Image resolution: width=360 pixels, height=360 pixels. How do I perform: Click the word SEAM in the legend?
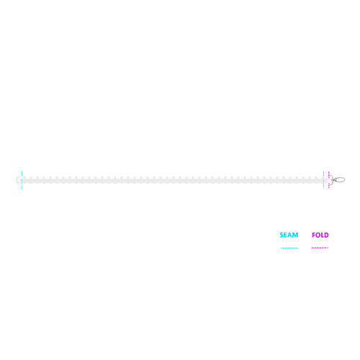[289, 235]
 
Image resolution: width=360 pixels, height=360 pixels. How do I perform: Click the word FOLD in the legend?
[320, 235]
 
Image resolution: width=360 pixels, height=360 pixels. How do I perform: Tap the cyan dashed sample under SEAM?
[289, 248]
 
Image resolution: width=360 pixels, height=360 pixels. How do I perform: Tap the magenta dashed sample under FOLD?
[320, 248]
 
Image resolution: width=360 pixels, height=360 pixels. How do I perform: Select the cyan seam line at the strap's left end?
[22, 180]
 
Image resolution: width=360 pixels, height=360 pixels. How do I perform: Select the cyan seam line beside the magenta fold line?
[323, 180]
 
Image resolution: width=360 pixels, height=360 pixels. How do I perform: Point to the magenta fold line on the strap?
[329, 180]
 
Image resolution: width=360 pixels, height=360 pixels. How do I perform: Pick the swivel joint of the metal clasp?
[333, 179]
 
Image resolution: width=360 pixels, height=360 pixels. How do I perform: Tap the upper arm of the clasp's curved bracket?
[331, 176]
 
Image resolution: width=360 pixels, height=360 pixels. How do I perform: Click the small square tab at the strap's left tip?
[17, 180]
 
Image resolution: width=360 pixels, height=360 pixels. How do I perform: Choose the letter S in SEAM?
[282, 235]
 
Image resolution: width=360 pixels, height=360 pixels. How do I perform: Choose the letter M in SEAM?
[295, 235]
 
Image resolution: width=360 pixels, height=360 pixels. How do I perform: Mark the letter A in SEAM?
[290, 235]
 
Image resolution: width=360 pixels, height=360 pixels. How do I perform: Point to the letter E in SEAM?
[286, 235]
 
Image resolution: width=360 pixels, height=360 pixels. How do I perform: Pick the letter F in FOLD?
[313, 235]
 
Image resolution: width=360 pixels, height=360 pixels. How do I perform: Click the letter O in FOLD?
[318, 235]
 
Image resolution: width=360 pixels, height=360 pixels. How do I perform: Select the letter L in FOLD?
[323, 235]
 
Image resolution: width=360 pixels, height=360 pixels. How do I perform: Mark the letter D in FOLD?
[327, 235]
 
